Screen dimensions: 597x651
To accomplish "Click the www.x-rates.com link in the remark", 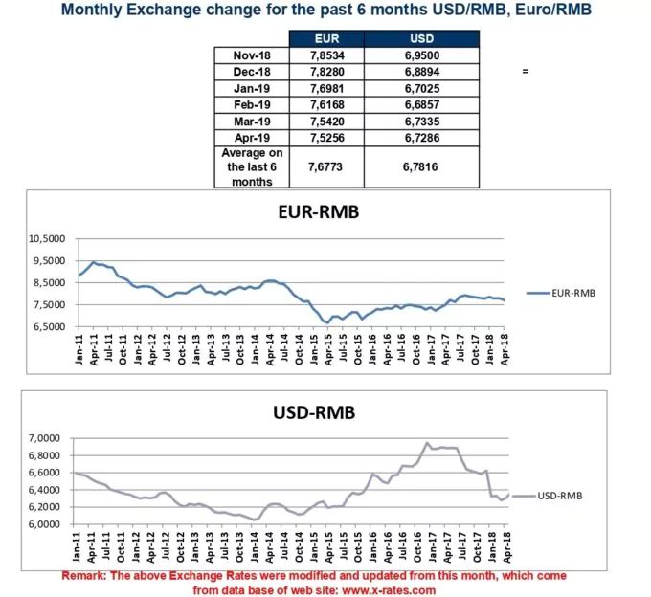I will (x=389, y=590).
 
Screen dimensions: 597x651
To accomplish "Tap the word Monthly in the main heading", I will (x=91, y=11).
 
